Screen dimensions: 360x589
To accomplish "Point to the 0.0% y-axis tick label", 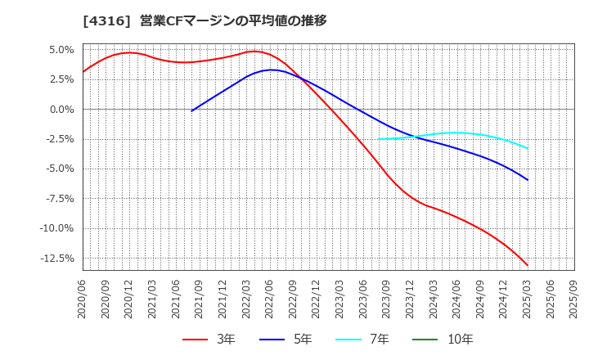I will coord(61,109).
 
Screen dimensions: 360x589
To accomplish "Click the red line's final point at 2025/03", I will coord(528,266).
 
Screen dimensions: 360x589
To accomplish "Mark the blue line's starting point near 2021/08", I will coord(191,110).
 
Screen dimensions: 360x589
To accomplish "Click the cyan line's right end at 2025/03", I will coord(528,148).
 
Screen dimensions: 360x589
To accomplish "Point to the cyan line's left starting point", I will coord(379,139).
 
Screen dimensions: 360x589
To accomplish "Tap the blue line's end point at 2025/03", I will coord(528,180).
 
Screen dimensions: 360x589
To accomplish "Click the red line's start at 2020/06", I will coord(83,72).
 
